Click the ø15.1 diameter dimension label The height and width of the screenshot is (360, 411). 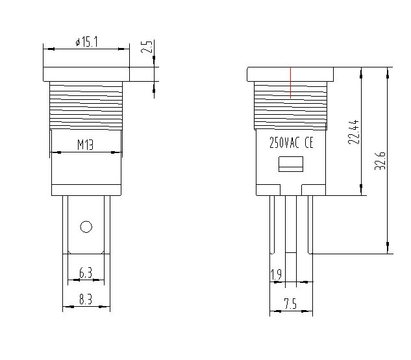(87, 42)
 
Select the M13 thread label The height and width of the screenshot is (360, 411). (86, 145)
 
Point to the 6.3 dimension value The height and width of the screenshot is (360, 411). (86, 273)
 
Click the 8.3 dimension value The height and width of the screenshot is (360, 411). (86, 299)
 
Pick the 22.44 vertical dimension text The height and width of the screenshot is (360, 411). (353, 132)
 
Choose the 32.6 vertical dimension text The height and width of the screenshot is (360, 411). (380, 161)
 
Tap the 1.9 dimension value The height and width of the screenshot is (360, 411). (276, 274)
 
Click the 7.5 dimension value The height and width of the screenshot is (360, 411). (290, 304)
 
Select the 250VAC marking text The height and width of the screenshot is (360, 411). (284, 143)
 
